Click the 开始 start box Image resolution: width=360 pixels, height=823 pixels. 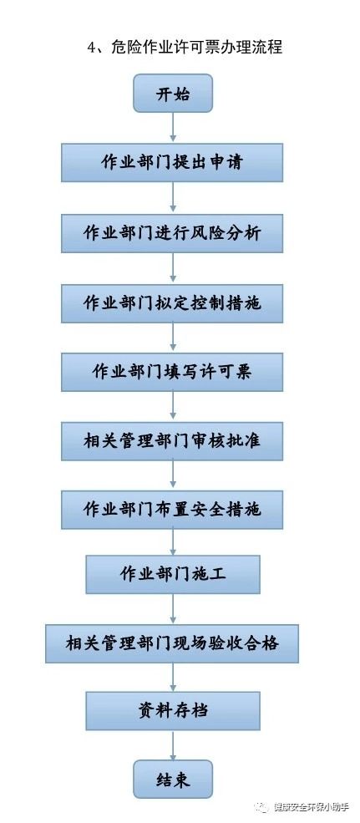(x=173, y=93)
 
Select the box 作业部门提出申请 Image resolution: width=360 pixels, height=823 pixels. (x=172, y=162)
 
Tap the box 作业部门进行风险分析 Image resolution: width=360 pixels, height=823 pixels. (x=172, y=232)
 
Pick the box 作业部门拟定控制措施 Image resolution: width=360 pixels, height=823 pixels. (x=172, y=302)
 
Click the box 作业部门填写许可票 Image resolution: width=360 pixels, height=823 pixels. (x=172, y=372)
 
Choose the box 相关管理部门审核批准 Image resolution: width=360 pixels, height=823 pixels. (x=172, y=441)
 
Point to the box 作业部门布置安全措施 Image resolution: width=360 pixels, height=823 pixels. (x=172, y=509)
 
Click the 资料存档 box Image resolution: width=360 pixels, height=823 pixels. (x=173, y=711)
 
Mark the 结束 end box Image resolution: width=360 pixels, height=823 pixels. (x=173, y=780)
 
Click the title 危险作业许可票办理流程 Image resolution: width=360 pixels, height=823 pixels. (x=197, y=48)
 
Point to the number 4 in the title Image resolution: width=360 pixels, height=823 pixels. (x=91, y=48)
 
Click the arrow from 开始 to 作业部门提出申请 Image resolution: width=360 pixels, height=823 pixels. (x=173, y=128)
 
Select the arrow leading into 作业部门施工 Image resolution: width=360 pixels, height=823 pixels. (x=173, y=542)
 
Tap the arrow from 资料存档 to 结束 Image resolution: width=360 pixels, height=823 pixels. (x=173, y=745)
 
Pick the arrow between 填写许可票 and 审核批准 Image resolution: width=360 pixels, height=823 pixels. (x=173, y=407)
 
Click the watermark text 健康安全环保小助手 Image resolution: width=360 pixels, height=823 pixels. (x=312, y=807)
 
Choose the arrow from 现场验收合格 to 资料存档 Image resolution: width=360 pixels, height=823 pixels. (x=173, y=677)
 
